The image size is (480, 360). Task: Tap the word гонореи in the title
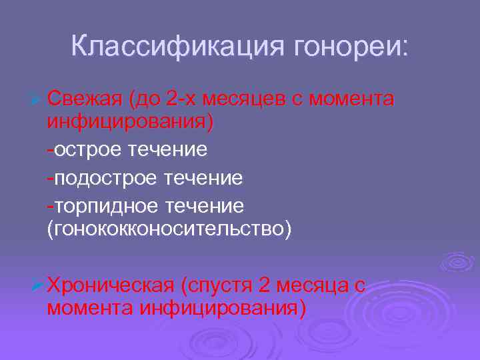(x=347, y=47)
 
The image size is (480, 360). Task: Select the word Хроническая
(x=111, y=285)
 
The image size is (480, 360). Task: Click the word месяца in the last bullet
(x=313, y=285)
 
